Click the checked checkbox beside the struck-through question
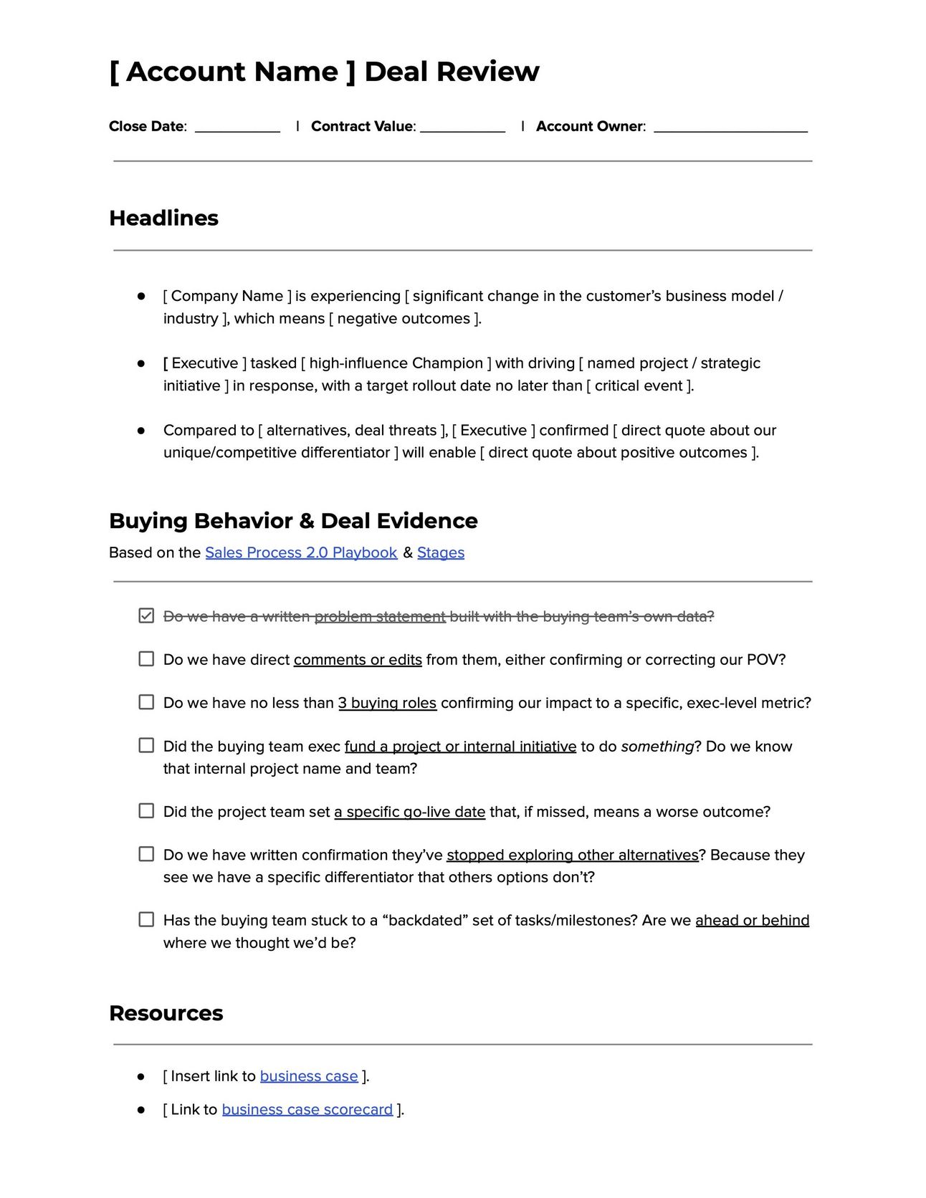pos(146,615)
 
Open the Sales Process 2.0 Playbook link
pos(301,552)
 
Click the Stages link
pos(441,552)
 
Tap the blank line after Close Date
pos(237,128)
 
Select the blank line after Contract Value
pos(462,128)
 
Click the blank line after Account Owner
pos(730,128)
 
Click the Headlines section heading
pos(163,218)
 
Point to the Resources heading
pos(166,1013)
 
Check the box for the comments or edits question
pos(146,658)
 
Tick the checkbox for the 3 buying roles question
pos(146,702)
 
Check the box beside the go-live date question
pos(146,810)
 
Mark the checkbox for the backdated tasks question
pos(146,919)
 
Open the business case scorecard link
pos(307,1109)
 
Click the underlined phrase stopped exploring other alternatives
pos(572,855)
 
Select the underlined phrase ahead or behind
pos(752,920)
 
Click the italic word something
pos(657,747)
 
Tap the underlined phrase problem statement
pos(380,616)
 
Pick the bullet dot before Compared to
pos(141,431)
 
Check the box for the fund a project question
pos(146,745)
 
